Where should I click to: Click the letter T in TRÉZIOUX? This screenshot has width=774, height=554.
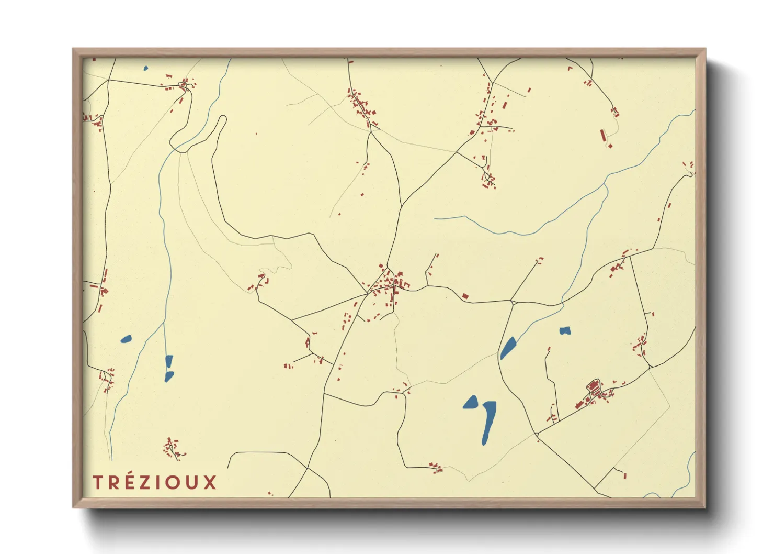point(97,482)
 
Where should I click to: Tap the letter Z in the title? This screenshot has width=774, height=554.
point(138,482)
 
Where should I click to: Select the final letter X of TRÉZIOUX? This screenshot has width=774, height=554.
point(210,482)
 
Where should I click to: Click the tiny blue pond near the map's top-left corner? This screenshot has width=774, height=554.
point(145,68)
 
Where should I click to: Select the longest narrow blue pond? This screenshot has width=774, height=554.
point(488,422)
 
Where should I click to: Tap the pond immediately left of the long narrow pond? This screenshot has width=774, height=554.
point(471,403)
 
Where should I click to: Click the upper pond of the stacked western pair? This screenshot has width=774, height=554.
point(169,361)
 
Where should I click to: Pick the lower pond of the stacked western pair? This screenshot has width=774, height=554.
point(168,376)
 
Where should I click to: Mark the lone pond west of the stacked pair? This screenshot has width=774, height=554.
point(126,339)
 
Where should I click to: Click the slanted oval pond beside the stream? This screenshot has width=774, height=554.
point(508,348)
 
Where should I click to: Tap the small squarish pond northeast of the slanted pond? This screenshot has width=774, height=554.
point(565,331)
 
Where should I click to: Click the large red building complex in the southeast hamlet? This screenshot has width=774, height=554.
point(594,388)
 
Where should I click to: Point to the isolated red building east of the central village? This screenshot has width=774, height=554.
point(465,296)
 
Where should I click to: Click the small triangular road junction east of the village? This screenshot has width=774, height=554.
point(514,302)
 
